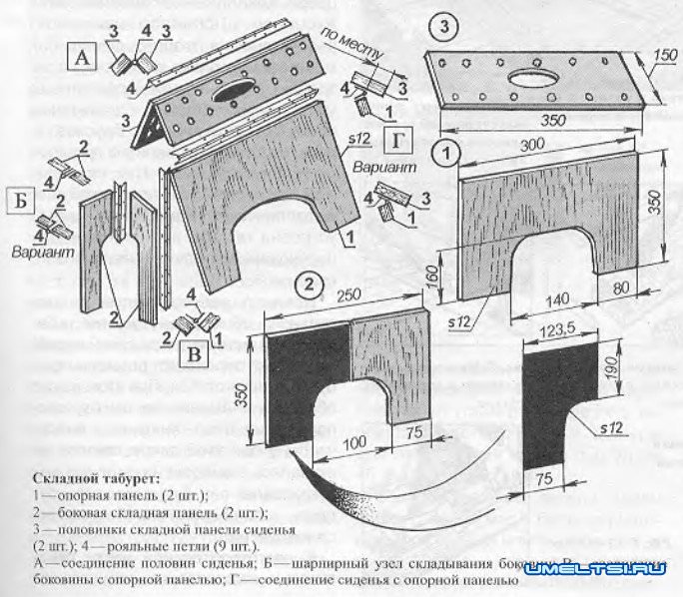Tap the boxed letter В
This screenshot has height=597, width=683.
[x=195, y=354]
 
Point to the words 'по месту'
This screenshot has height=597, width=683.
[x=343, y=42]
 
